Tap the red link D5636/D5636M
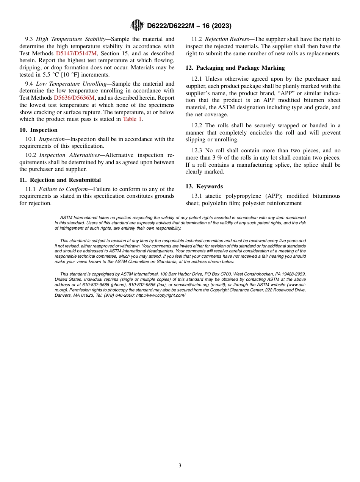(x=74, y=98)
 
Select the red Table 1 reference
(x=132, y=119)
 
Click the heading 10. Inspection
(x=38, y=130)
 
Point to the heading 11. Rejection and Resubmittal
(x=60, y=180)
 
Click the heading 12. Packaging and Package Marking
(x=235, y=68)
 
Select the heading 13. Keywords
(x=204, y=186)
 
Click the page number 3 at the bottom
(x=180, y=466)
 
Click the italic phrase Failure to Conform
(x=63, y=189)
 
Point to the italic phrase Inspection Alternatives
(x=69, y=155)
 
